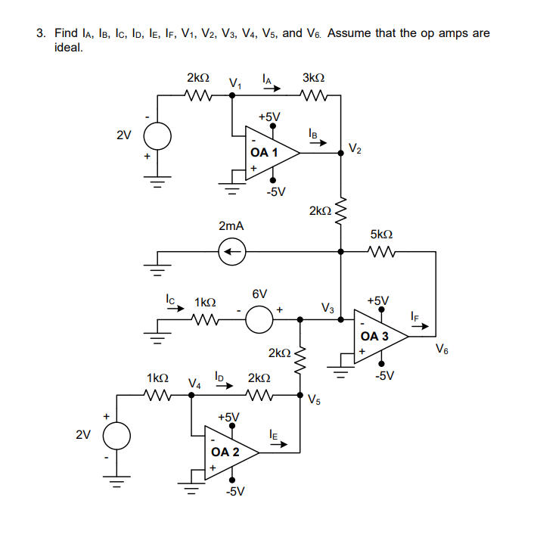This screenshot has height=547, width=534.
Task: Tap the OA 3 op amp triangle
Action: pos(379,336)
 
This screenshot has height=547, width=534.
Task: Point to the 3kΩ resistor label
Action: pos(313,78)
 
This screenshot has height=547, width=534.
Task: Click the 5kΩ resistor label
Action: pos(381,235)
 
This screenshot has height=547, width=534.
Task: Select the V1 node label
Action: pos(236,82)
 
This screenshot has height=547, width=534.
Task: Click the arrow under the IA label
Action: pos(271,89)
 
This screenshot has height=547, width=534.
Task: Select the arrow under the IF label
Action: pos(419,327)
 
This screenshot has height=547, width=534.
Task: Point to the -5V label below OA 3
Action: pos(385,375)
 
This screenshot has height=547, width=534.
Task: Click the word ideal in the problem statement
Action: pos(69,48)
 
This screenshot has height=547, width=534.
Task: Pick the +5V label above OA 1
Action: pos(269,117)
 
